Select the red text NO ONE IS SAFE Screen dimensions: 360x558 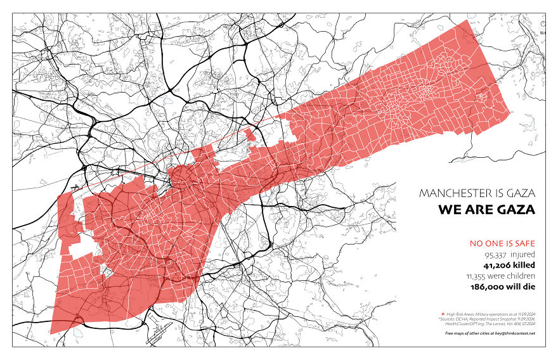pyautogui.click(x=502, y=243)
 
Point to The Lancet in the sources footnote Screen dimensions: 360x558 pyautogui.click(x=497, y=323)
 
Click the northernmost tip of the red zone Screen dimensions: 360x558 pyautogui.click(x=467, y=21)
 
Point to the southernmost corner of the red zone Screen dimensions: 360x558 pyautogui.click(x=51, y=333)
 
